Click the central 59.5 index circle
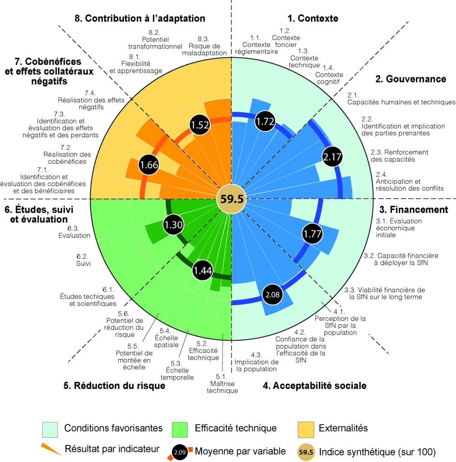231,199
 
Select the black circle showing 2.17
332,157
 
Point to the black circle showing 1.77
313,234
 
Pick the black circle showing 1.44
203,271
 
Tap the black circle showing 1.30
174,225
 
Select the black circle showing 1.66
149,165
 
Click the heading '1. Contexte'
313,18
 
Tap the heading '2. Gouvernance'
410,79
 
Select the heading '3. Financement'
413,209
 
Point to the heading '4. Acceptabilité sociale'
314,385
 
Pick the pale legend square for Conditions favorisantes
50,429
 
